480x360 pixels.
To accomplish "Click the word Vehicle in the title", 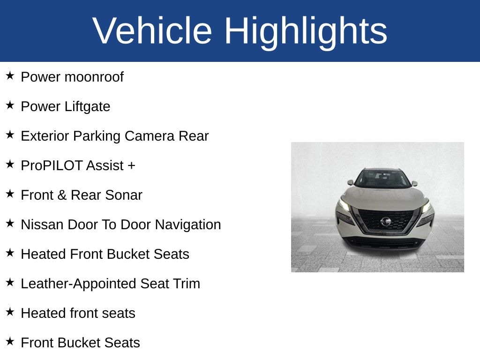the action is point(152,30).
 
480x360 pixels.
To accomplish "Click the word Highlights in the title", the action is point(306,32).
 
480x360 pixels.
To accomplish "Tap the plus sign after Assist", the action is point(131,166).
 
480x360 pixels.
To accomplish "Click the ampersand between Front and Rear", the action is point(62,195).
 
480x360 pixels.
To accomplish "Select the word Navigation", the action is point(188,225).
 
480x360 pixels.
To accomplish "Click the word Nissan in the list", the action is point(42,225).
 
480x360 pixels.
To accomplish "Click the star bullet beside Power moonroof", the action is point(10,75).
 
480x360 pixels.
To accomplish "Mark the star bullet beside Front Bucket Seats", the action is point(10,341).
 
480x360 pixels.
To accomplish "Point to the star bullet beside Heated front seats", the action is point(10,312).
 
